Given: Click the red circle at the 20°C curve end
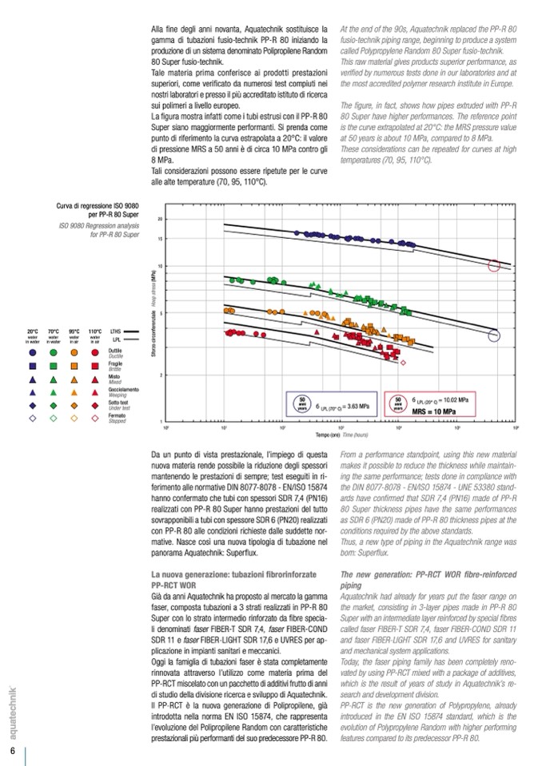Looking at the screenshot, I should [496, 266].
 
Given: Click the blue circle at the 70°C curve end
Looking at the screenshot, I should [495, 336].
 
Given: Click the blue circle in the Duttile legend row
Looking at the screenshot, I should [33, 351].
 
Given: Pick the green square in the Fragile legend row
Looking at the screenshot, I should [53, 363].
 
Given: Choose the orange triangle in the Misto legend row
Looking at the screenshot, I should [74, 377].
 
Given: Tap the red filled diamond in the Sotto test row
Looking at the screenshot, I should [95, 405].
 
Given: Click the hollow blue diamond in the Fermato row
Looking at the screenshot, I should [33, 418].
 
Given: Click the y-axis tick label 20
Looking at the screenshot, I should [161, 219].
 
